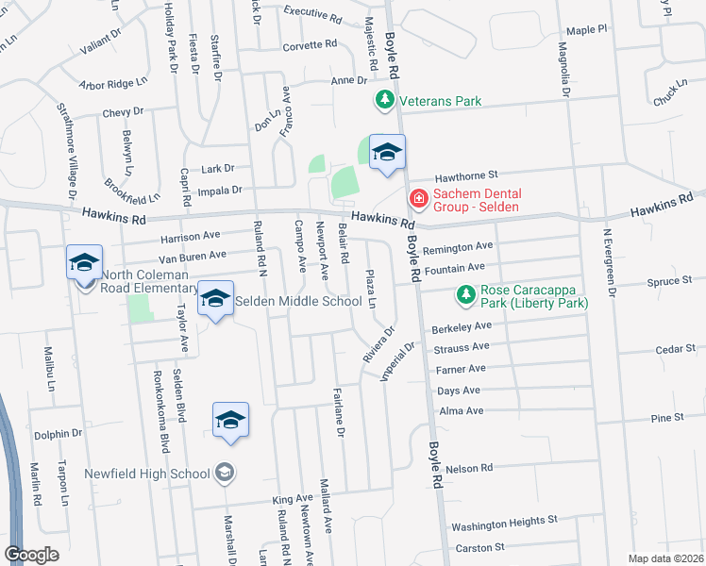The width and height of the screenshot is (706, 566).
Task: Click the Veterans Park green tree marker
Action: pyautogui.click(x=384, y=100)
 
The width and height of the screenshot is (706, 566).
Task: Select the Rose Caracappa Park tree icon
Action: pyautogui.click(x=465, y=296)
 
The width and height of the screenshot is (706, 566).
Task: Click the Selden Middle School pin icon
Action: pyautogui.click(x=216, y=301)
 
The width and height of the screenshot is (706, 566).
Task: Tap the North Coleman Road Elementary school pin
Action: pyautogui.click(x=84, y=263)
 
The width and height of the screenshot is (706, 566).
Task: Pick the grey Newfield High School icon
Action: pyautogui.click(x=225, y=473)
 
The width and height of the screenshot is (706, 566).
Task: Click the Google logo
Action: pyautogui.click(x=31, y=555)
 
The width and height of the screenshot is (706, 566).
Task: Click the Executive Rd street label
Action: pyautogui.click(x=312, y=15)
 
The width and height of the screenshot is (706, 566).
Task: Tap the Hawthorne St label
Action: pyautogui.click(x=465, y=175)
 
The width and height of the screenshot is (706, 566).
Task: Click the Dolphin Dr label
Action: pyautogui.click(x=59, y=434)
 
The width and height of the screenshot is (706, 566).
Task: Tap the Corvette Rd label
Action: pyautogui.click(x=310, y=44)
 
